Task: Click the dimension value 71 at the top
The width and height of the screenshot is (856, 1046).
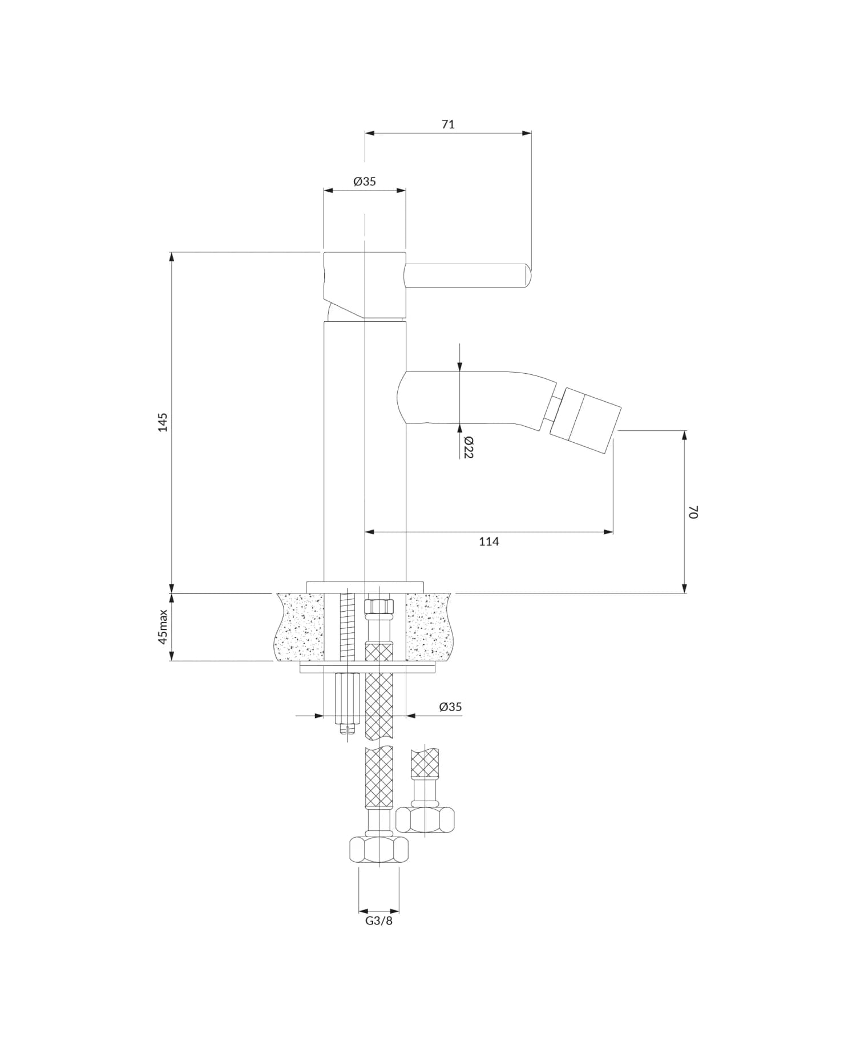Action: pyautogui.click(x=448, y=124)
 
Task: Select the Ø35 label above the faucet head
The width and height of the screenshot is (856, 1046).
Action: pyautogui.click(x=365, y=181)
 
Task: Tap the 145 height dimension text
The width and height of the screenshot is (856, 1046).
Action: pyautogui.click(x=163, y=422)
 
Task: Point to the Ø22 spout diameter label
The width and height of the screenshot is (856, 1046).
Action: pyautogui.click(x=468, y=447)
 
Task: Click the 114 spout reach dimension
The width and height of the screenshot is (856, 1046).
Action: pyautogui.click(x=488, y=542)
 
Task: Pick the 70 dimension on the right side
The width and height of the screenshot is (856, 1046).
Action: pyautogui.click(x=693, y=511)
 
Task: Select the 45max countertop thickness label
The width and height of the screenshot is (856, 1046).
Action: pyautogui.click(x=163, y=627)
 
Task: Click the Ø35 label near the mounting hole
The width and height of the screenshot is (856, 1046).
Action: pyautogui.click(x=450, y=706)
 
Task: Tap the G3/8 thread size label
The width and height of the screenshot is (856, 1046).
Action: pyautogui.click(x=379, y=921)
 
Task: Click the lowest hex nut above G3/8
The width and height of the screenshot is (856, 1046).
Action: pyautogui.click(x=378, y=849)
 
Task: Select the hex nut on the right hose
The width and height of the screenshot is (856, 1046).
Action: pyautogui.click(x=425, y=819)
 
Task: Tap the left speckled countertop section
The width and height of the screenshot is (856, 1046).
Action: pyautogui.click(x=300, y=627)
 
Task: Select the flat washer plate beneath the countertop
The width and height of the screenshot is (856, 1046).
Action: pyautogui.click(x=368, y=668)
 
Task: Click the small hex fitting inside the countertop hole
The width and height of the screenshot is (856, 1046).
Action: pyautogui.click(x=379, y=605)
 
